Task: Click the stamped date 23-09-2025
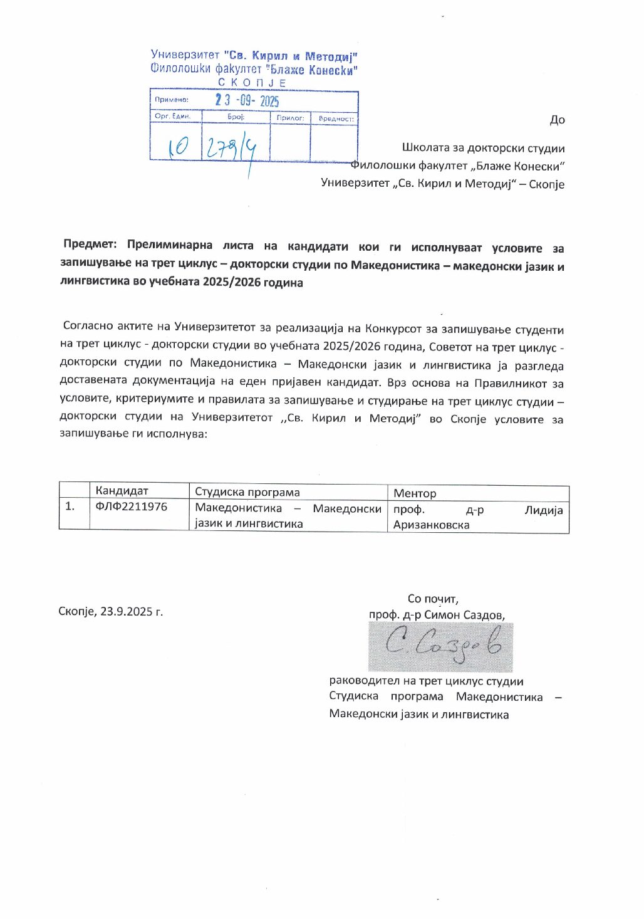(247, 100)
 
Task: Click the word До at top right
(557, 120)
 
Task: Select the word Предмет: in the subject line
(90, 244)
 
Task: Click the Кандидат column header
(122, 491)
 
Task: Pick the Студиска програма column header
(247, 492)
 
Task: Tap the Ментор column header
(415, 493)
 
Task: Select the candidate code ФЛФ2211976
(132, 506)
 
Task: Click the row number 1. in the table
(70, 506)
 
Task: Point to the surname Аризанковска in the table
(431, 525)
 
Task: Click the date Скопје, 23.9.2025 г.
(111, 611)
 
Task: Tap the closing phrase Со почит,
(433, 599)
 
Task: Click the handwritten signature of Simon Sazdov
(442, 646)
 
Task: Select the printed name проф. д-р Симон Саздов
(437, 615)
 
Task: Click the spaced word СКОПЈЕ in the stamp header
(252, 83)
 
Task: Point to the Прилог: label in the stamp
(290, 118)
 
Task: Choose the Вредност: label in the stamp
(336, 118)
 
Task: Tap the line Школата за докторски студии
(483, 149)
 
